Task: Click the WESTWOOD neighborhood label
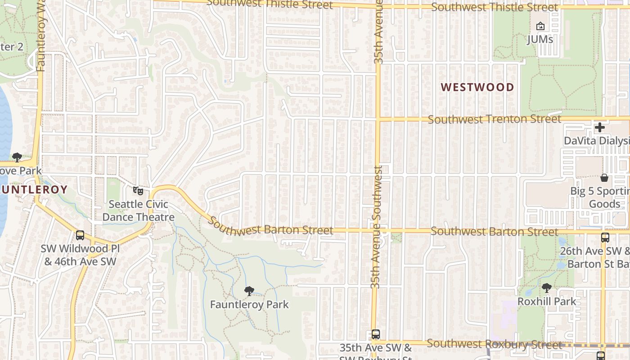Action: (x=477, y=87)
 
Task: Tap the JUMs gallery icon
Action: (x=540, y=27)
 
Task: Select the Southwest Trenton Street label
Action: (x=494, y=119)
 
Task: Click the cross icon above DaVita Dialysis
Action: (x=599, y=127)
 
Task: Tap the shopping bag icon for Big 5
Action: (x=604, y=178)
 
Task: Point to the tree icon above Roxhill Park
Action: (x=547, y=288)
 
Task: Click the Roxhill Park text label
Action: (x=547, y=301)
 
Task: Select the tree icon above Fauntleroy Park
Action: (x=249, y=291)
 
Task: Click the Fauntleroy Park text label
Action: (x=249, y=305)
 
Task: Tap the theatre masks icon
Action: (x=138, y=191)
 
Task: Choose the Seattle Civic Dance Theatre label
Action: (x=138, y=211)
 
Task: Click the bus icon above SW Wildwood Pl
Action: (x=80, y=235)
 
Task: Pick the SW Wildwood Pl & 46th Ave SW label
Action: (x=81, y=255)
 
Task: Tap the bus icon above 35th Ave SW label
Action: (x=376, y=334)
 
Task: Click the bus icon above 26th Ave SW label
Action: (x=605, y=238)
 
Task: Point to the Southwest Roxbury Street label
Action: (x=494, y=344)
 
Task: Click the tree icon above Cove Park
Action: (x=17, y=157)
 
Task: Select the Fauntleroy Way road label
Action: (x=41, y=36)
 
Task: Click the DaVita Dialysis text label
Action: (x=597, y=141)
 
